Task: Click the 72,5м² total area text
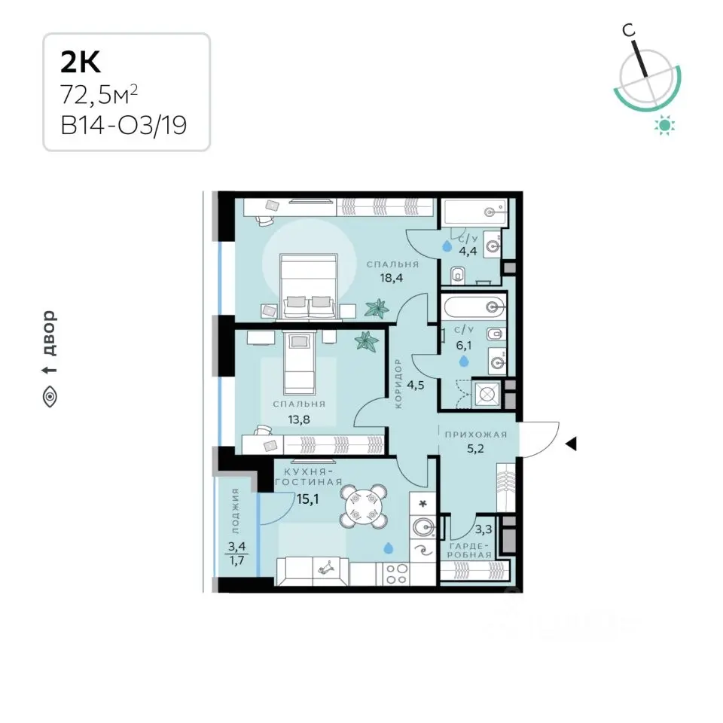pyautogui.click(x=99, y=95)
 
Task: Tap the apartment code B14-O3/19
pyautogui.click(x=124, y=125)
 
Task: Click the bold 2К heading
pyautogui.click(x=81, y=63)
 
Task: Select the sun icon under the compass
pyautogui.click(x=664, y=125)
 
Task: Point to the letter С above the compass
pyautogui.click(x=628, y=30)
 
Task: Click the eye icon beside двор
pyautogui.click(x=50, y=397)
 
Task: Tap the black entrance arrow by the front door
pyautogui.click(x=572, y=444)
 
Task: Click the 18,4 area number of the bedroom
pyautogui.click(x=392, y=278)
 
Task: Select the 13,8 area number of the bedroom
pyautogui.click(x=298, y=419)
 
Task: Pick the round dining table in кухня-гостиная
pyautogui.click(x=363, y=506)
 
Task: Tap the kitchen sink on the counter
pyautogui.click(x=423, y=526)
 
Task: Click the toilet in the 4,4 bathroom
pyautogui.click(x=456, y=276)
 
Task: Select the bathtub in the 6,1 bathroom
pyautogui.click(x=474, y=307)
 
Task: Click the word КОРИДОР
pyautogui.click(x=398, y=383)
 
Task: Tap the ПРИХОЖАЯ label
pyautogui.click(x=475, y=435)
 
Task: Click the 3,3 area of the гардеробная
pyautogui.click(x=484, y=529)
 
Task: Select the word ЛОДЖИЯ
pyautogui.click(x=235, y=511)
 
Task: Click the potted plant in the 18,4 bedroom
pyautogui.click(x=377, y=309)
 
